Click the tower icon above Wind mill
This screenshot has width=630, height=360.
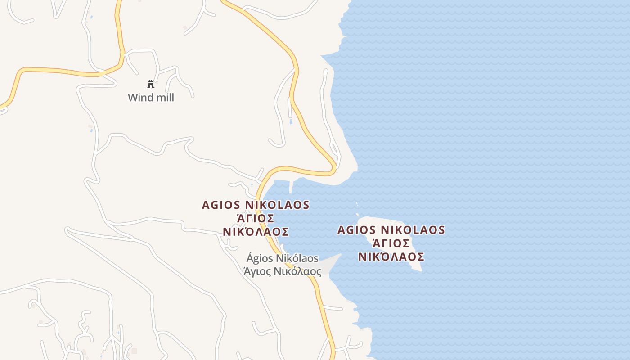point(151,84)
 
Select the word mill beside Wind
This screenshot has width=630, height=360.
point(164,98)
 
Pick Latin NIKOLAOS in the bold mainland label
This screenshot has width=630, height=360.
point(277,205)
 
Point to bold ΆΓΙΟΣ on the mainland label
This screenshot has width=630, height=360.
point(256,218)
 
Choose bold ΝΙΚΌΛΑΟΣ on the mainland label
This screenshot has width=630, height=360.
point(256,232)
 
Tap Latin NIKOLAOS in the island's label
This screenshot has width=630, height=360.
point(413,230)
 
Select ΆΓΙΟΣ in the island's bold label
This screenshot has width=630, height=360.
point(391,243)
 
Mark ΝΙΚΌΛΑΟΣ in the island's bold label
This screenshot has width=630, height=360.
point(391,257)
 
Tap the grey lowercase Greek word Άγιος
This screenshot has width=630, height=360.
point(256,271)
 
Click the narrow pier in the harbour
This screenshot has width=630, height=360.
point(292,186)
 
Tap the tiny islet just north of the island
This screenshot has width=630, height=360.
point(358,205)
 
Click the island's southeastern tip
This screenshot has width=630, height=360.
point(419,269)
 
